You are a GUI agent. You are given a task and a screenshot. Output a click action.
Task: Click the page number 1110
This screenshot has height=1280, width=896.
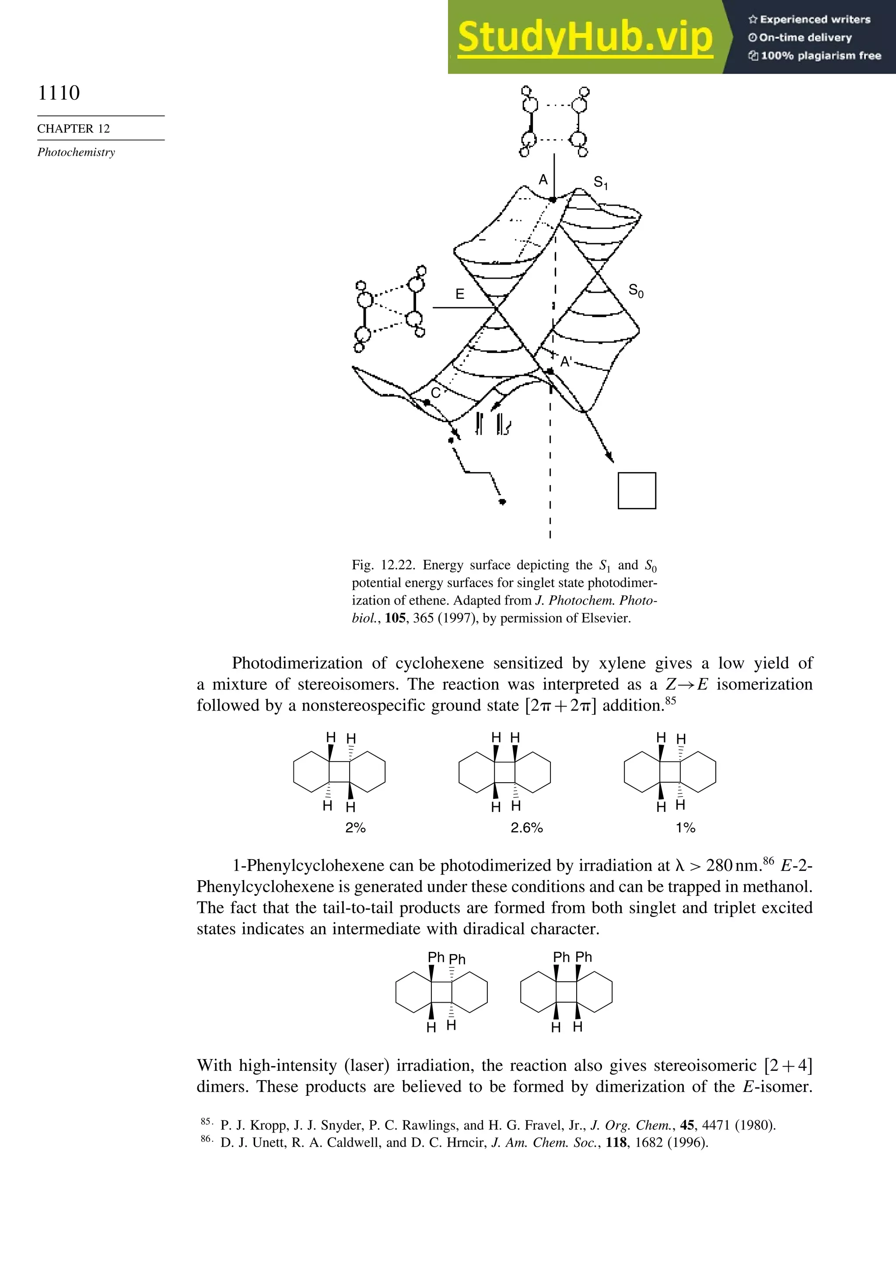[x=59, y=93]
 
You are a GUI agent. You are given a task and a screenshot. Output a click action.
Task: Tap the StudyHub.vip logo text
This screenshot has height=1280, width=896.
[x=584, y=37]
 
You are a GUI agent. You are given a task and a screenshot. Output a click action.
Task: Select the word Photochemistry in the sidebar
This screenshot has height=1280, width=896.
[x=76, y=152]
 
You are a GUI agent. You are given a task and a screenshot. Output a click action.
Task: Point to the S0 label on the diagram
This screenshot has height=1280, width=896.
[x=636, y=290]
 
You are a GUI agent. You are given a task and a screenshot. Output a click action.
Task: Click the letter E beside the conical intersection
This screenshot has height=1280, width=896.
[x=459, y=294]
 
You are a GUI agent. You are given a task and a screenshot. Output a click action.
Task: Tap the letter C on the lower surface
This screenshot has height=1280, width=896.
[x=435, y=393]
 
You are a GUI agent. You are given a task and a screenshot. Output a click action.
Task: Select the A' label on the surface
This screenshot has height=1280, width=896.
[x=566, y=362]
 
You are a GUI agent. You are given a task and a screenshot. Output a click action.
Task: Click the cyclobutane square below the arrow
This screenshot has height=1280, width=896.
[x=637, y=490]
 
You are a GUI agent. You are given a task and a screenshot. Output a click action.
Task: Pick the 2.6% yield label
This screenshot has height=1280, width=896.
[x=526, y=828]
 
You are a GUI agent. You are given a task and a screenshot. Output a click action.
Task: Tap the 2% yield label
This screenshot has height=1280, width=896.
[x=355, y=828]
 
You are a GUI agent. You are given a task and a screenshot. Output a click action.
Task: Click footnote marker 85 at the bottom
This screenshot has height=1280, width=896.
[x=205, y=1121]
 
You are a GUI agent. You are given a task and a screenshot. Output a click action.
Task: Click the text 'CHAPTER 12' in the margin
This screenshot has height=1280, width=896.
[x=73, y=129]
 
